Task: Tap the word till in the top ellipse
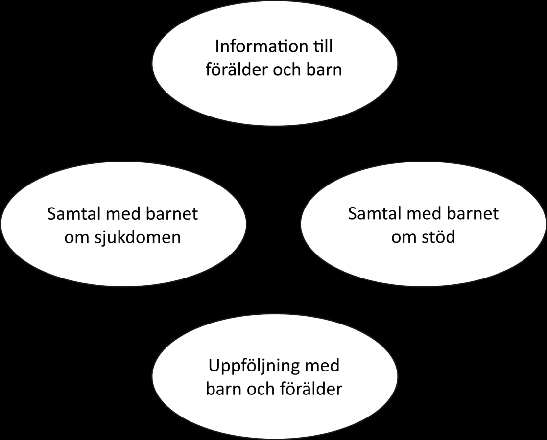(x=321, y=46)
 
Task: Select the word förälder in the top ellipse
(x=236, y=69)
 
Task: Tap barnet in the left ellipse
(x=172, y=214)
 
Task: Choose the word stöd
(x=438, y=237)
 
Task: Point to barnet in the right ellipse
(x=473, y=213)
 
